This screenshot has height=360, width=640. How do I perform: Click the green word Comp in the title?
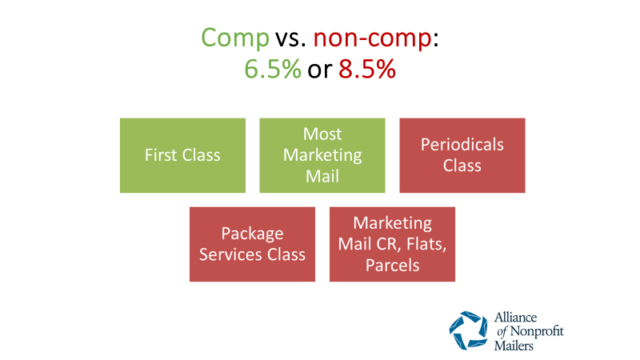235,38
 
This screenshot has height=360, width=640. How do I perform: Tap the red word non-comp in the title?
372,38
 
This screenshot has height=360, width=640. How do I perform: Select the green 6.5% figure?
273,69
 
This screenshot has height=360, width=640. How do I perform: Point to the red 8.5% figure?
367,69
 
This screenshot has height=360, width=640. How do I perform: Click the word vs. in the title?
290,38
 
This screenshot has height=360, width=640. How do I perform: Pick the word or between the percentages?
319,70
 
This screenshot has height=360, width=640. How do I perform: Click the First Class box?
183,155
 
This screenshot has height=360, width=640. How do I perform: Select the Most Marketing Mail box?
322,155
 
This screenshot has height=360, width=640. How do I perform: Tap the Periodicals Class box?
462,155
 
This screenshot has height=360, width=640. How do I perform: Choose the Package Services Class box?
252,244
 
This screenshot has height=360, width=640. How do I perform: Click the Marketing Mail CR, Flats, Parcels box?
392,244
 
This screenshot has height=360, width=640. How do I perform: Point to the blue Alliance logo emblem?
468,330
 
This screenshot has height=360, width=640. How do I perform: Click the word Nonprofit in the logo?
537,331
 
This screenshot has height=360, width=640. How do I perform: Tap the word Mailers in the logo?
514,346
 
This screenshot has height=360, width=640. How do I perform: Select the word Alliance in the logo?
515,317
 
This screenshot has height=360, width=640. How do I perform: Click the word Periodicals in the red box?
462,145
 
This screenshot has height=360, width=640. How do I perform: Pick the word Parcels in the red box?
392,266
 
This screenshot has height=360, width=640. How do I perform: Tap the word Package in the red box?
252,234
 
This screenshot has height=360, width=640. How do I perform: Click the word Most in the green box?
322,134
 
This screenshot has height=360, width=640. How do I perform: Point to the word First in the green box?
161,155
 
